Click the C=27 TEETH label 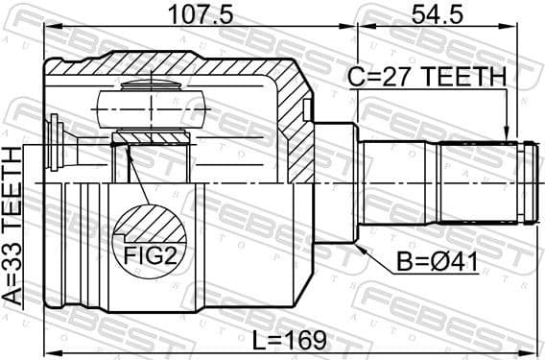pyautogui.click(x=428, y=76)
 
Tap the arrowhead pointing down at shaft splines pyautogui.click(x=507, y=134)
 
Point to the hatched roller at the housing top pyautogui.click(x=154, y=104)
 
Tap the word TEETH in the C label pyautogui.click(x=468, y=76)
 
